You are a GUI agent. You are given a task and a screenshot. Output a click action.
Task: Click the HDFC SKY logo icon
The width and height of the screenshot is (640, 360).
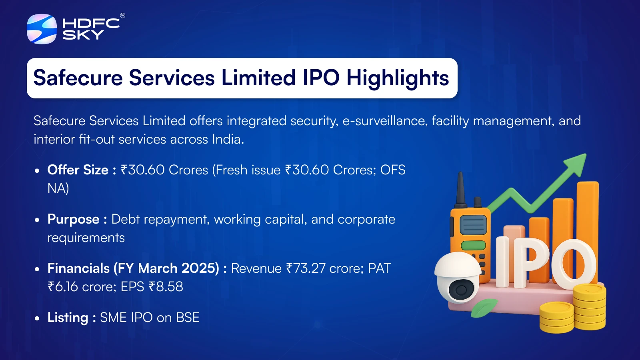coord(42,29)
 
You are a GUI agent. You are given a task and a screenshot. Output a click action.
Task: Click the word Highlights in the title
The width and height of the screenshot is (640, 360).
coord(398,78)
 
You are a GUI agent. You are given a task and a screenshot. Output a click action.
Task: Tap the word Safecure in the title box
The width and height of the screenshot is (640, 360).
coord(78,78)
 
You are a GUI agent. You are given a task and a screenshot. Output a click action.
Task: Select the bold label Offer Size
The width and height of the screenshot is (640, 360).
coord(78,170)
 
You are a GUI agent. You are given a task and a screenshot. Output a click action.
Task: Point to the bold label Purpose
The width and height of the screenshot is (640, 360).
coord(73,219)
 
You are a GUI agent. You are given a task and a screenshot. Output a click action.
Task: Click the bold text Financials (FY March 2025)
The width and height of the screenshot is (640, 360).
coord(133,268)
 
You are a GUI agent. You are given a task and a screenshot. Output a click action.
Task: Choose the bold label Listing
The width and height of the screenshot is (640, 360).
coord(68,318)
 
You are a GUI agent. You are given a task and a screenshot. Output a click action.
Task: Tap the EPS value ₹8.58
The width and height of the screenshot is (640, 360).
coord(166,287)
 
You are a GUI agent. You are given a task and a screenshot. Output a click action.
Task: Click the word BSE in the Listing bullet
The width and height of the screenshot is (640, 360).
coord(188,318)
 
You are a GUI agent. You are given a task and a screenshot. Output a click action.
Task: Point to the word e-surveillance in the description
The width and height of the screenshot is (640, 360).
coord(384,121)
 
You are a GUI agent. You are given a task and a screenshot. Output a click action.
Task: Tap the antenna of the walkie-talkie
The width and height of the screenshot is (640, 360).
coord(461,188)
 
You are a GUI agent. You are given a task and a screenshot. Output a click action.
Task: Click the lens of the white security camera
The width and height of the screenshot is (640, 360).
coord(460,290)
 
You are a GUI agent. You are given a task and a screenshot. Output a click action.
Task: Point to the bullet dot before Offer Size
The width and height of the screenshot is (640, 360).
coord(37,171)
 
